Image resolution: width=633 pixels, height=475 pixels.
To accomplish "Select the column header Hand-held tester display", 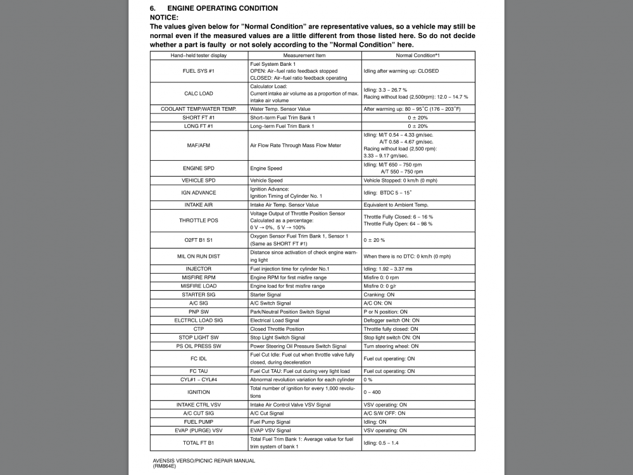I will (198, 56).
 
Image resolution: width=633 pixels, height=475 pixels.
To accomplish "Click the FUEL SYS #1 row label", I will (198, 71).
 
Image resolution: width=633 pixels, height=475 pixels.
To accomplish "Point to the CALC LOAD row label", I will (198, 93).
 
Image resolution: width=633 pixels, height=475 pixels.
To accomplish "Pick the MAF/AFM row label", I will (198, 145).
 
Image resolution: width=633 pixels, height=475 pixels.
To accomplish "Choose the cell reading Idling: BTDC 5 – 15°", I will (387, 193).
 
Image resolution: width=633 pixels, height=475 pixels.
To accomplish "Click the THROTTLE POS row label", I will (198, 220).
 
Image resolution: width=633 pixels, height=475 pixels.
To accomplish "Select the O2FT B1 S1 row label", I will (198, 240).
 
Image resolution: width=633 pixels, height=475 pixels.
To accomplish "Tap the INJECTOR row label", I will (198, 269).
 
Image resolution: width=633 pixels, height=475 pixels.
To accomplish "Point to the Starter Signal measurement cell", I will (265, 294).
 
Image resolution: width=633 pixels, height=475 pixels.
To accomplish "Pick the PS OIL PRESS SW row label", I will (198, 346).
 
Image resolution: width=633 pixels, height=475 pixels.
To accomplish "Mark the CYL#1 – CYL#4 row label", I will (198, 379).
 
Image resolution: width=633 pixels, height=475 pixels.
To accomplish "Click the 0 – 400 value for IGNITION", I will (372, 392).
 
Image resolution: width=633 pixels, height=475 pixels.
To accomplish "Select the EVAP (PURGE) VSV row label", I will (198, 430).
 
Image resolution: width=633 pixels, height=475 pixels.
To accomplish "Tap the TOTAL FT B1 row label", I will (198, 443).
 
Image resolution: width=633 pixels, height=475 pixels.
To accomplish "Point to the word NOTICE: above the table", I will (164, 17).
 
